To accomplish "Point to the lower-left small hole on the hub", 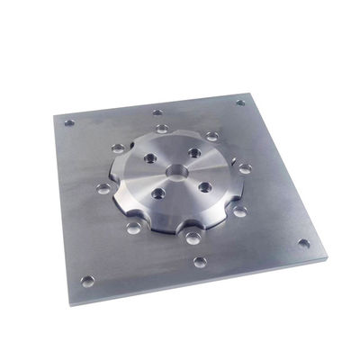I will (x=158, y=192).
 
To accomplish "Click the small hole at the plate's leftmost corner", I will (x=68, y=121).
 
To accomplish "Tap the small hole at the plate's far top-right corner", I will (x=240, y=102).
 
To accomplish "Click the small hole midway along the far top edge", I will (x=157, y=112).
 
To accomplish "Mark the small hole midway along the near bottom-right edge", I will (x=200, y=262).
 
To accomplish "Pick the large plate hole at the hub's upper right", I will (x=211, y=136).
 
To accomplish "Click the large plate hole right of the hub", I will (x=244, y=168).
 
